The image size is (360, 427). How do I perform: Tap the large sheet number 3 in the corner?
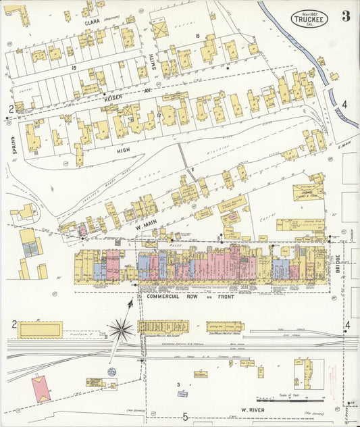tap(345, 16)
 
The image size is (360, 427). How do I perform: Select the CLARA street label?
tap(92, 22)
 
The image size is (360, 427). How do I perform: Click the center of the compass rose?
tap(120, 330)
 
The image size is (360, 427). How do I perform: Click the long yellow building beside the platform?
tap(41, 330)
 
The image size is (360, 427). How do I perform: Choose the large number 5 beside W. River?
tap(184, 417)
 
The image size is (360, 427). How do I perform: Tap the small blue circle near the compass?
tap(112, 372)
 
